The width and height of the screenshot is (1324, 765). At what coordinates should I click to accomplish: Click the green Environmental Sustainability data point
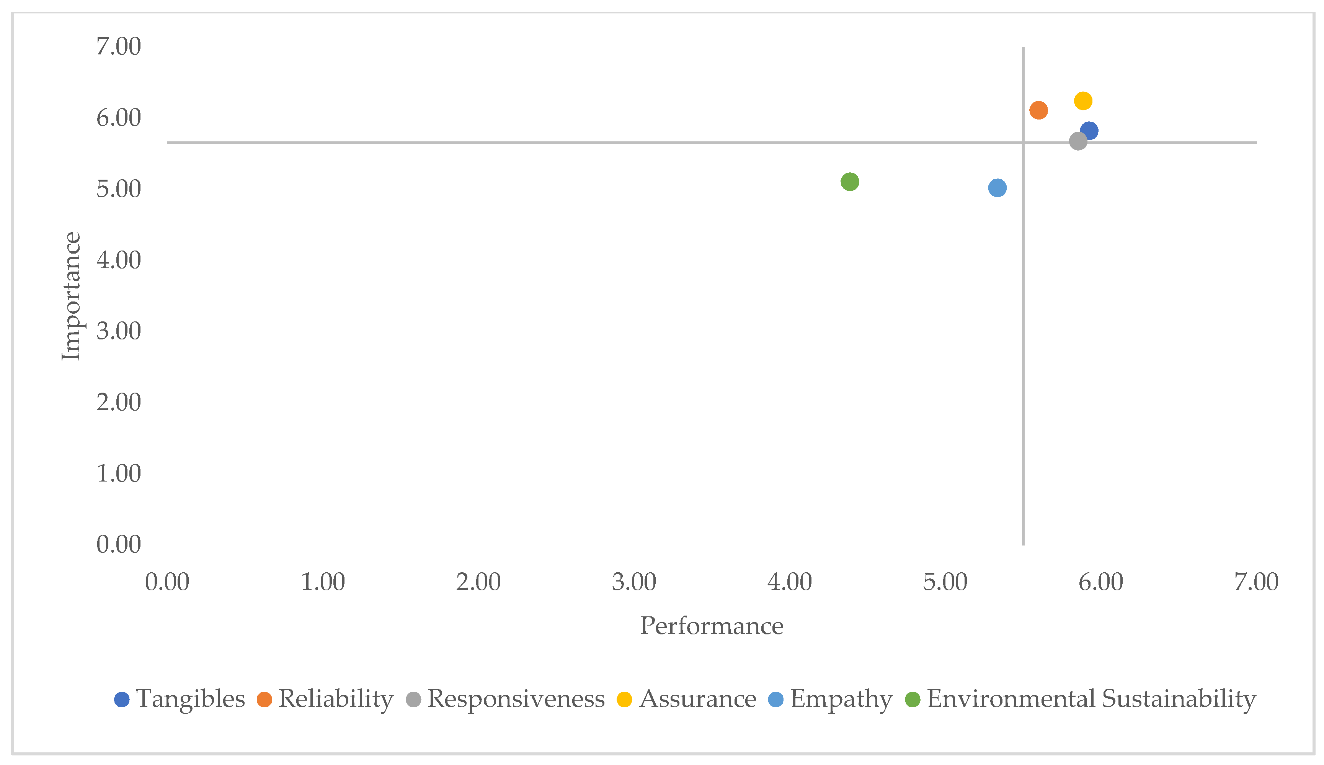point(849,182)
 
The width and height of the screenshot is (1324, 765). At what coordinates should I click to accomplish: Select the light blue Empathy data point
point(997,188)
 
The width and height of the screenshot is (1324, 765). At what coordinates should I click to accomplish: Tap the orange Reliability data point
point(1038,110)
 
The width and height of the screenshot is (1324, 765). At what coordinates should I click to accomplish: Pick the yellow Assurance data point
point(1083,101)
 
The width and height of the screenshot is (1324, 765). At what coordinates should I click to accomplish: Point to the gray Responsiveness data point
point(1078,141)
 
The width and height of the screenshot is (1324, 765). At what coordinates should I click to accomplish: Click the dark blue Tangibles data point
point(1089,130)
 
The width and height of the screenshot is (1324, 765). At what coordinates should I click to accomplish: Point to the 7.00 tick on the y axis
point(119,46)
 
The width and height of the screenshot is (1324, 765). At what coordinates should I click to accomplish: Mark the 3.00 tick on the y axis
point(119,331)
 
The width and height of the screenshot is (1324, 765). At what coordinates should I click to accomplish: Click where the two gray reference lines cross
point(1023,143)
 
